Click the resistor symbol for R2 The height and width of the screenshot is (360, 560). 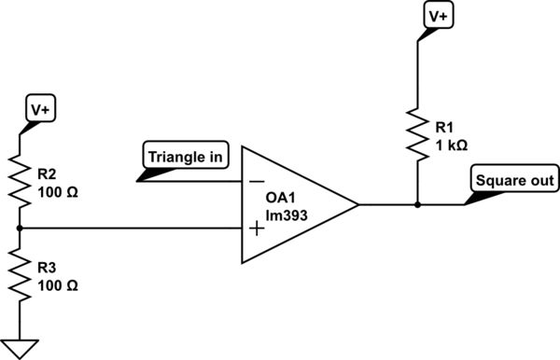(x=20, y=181)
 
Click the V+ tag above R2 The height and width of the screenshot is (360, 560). (x=40, y=111)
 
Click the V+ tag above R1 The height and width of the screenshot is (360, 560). (x=438, y=17)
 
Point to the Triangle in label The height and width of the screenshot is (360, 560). (x=184, y=157)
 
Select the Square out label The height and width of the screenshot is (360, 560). (x=516, y=180)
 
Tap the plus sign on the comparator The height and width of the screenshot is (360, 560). (x=256, y=228)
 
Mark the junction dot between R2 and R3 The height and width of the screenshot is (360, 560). (x=20, y=228)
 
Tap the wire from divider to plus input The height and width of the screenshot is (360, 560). (x=131, y=228)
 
